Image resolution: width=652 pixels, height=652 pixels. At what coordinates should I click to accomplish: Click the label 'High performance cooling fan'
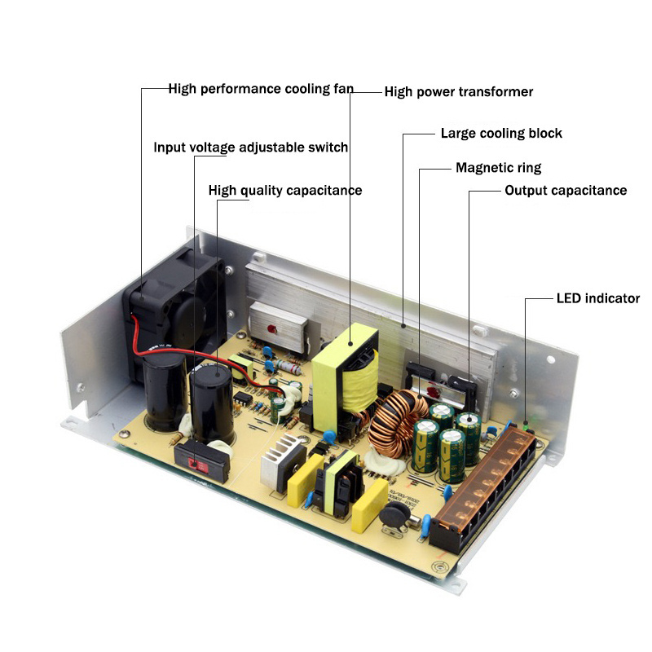click(260, 88)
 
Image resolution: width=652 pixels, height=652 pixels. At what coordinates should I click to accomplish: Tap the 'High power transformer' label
click(458, 91)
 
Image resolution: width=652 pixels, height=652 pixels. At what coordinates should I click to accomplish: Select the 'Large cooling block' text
click(501, 133)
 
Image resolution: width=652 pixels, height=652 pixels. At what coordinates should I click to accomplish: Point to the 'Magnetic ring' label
click(498, 168)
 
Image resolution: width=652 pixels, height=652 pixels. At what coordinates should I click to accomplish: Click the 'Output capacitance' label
click(566, 190)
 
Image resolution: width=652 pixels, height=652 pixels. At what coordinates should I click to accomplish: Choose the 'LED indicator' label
click(597, 298)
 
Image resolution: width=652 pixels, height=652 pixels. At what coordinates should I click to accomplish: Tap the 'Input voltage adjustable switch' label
click(251, 148)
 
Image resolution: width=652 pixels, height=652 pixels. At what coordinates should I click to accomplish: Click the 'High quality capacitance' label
click(285, 190)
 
